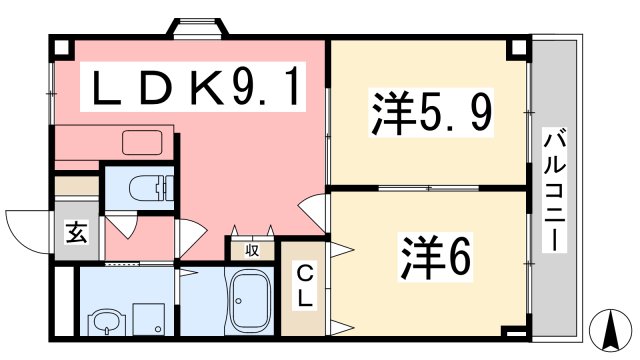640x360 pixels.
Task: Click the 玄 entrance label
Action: coord(76,233)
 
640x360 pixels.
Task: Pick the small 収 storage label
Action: coord(252,250)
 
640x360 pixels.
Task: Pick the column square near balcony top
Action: coord(517,48)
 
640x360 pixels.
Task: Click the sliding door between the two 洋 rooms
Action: coord(430,187)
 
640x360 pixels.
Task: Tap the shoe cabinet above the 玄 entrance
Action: coord(76,186)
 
